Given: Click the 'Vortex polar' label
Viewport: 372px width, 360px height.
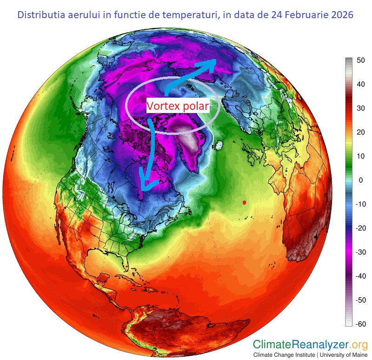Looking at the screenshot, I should point(178,106).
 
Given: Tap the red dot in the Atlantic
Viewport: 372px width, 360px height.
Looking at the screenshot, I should point(245,202).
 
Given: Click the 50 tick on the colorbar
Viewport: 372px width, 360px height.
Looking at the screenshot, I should point(360,60).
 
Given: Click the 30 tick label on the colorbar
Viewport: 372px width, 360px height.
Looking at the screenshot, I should point(360,108).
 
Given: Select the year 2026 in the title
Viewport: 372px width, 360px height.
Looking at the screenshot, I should point(342,15).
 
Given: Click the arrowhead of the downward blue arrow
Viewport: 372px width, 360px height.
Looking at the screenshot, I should point(146,187).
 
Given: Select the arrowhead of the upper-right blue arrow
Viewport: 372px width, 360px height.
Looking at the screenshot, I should point(211,62).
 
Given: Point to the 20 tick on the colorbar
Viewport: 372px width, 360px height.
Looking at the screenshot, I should point(360,132).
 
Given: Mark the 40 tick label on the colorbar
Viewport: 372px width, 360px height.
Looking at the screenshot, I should point(360,84).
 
